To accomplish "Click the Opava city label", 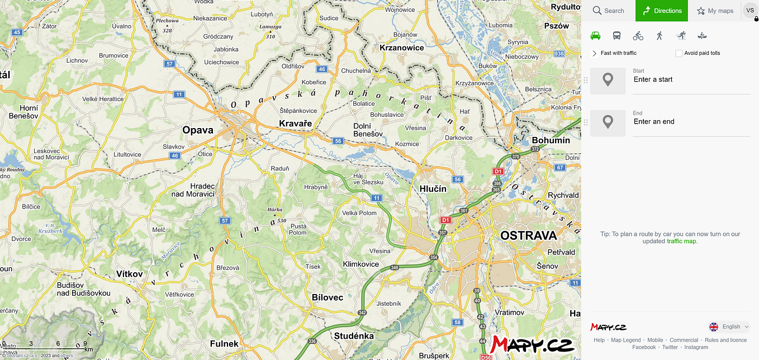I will [x=198, y=130].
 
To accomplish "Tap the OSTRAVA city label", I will [x=528, y=235].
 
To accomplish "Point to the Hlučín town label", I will [x=433, y=189].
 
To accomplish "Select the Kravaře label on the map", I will [x=295, y=124].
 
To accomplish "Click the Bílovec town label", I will [x=328, y=297].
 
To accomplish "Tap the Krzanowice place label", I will [x=401, y=48].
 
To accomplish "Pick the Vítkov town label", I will [x=130, y=274].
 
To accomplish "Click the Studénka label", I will [x=354, y=336].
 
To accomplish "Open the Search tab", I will [x=608, y=11].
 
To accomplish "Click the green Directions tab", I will [x=662, y=11].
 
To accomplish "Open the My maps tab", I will [x=715, y=11].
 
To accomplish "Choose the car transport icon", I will [x=595, y=36].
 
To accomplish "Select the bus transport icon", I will [x=616, y=36].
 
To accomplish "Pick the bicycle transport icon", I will [x=638, y=36].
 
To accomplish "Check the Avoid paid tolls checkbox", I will [x=679, y=53].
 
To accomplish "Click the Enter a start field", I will [x=691, y=80].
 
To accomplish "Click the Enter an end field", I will [x=691, y=122].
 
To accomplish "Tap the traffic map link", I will [x=681, y=241].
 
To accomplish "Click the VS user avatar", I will [x=750, y=11].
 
